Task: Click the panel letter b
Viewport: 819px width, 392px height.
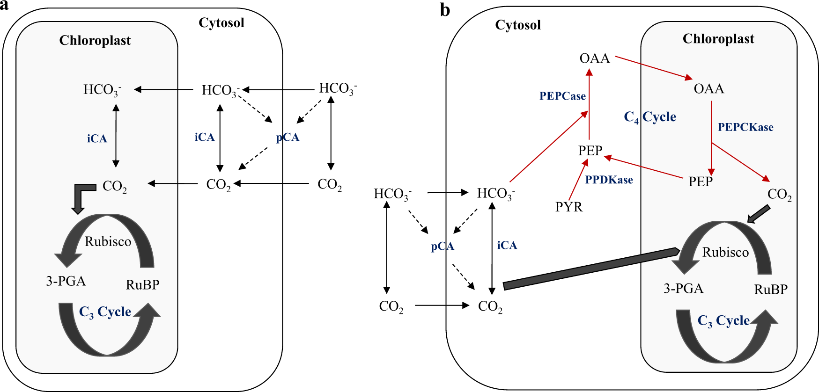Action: point(445,10)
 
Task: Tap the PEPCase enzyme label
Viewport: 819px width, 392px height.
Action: point(562,96)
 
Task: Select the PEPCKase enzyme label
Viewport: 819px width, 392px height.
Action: point(745,127)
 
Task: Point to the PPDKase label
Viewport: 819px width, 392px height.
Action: point(609,180)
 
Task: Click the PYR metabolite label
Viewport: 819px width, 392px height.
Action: point(569,207)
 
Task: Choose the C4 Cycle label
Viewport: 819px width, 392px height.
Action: point(650,117)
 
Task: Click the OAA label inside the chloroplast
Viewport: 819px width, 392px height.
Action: point(709,88)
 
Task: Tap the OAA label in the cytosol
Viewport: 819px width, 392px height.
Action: point(595,58)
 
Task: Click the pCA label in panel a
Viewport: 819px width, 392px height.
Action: point(288,138)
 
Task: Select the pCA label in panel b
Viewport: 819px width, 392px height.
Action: point(443,247)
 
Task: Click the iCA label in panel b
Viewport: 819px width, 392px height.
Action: point(507,245)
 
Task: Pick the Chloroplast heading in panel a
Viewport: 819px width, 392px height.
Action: point(95,41)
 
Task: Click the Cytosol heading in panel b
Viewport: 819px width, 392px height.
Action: point(518,25)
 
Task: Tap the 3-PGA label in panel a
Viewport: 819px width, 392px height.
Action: point(66,281)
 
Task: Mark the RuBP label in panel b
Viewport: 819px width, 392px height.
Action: point(771,290)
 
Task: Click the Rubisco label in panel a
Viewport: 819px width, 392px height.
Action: point(108,241)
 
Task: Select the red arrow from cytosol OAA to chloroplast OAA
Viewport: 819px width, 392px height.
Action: point(653,67)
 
